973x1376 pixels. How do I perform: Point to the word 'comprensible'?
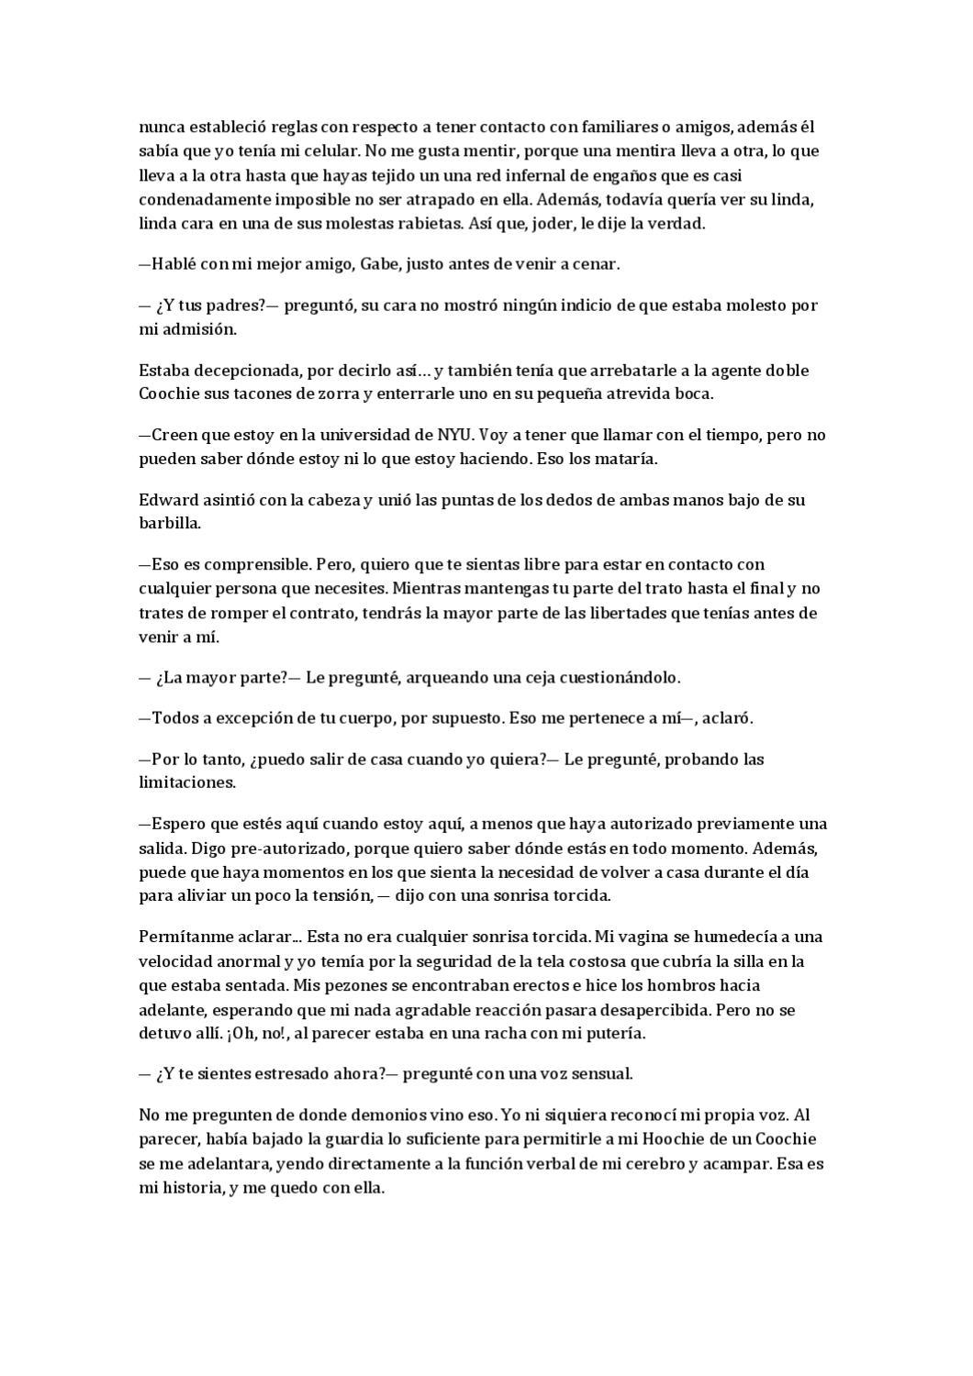(x=247, y=564)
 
